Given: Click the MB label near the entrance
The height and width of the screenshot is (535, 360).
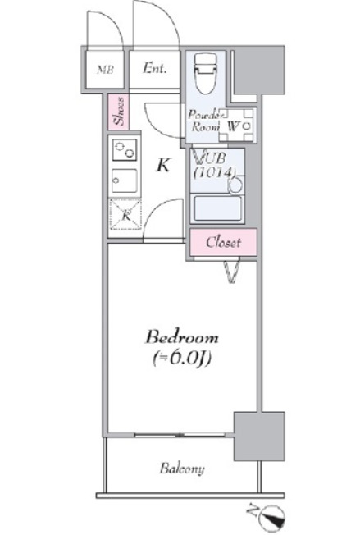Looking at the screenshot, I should (x=106, y=69).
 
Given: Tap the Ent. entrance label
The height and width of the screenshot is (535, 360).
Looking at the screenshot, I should (x=154, y=69).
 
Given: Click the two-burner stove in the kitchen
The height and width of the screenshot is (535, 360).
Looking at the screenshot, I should (x=125, y=151).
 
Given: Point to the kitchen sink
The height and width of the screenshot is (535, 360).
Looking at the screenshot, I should (x=125, y=181).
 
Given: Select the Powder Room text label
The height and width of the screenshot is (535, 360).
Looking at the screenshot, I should (x=203, y=121).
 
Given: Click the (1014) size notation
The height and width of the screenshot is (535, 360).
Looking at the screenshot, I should (x=215, y=172).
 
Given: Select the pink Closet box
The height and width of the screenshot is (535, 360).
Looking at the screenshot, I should (x=223, y=242).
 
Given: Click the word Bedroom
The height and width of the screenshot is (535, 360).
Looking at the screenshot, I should (x=182, y=336).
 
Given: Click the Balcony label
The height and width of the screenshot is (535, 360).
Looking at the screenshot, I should (x=182, y=469).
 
